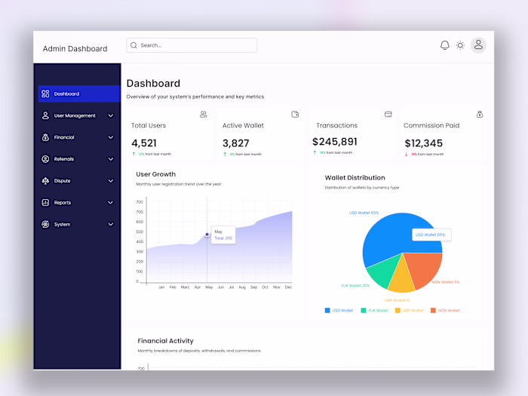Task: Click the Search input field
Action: (x=192, y=45)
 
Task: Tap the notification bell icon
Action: (x=445, y=45)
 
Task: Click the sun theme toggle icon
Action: (x=460, y=45)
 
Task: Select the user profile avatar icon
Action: (x=478, y=45)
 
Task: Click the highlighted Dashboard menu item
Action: (x=78, y=94)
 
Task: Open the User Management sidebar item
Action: (x=75, y=115)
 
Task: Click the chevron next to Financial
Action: (x=111, y=137)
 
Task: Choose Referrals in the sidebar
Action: (x=64, y=159)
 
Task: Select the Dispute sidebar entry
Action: (x=62, y=181)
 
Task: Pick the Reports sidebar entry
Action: (x=62, y=202)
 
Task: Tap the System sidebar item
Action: (x=62, y=224)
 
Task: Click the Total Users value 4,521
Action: (x=144, y=143)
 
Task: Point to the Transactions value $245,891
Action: (x=335, y=141)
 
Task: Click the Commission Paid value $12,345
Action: (x=423, y=143)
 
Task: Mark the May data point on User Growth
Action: (x=207, y=235)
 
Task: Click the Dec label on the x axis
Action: (x=288, y=287)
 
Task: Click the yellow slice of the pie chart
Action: (x=402, y=280)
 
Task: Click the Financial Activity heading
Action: (x=165, y=341)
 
